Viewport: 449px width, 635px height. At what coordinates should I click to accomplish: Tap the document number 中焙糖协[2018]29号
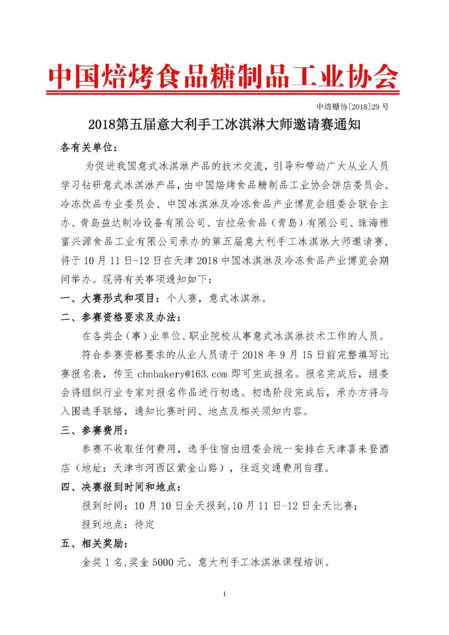coord(353,107)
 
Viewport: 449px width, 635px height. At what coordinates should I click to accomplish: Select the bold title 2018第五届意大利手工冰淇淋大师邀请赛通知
coord(224,124)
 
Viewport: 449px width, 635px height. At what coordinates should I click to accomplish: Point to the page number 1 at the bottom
coord(224,594)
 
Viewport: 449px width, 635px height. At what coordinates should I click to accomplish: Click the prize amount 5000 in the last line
coord(163,563)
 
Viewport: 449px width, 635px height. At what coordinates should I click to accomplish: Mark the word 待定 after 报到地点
coord(144,525)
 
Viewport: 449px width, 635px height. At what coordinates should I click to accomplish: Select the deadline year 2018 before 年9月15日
coord(253,355)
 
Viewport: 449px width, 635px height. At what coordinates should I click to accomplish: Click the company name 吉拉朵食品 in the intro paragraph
coord(241,223)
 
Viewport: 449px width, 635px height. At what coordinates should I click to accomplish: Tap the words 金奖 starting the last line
coord(91,563)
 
